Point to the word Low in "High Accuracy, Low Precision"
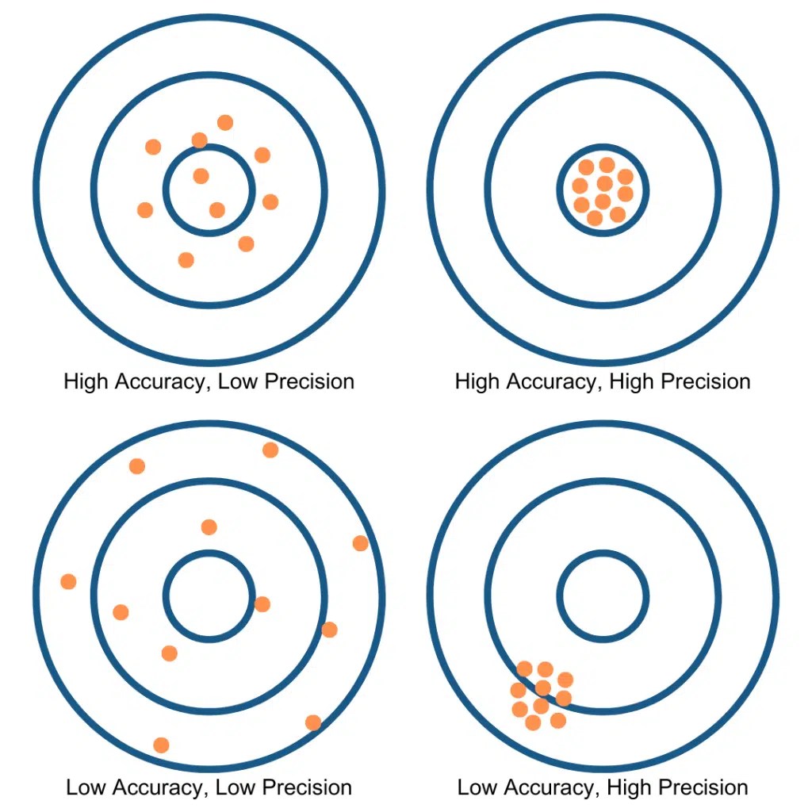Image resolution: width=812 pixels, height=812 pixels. (x=238, y=381)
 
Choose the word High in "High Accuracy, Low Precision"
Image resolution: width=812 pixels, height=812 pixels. (x=87, y=381)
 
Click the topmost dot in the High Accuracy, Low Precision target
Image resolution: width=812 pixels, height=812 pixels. (x=225, y=122)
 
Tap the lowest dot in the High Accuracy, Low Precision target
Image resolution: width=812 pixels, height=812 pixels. (x=186, y=259)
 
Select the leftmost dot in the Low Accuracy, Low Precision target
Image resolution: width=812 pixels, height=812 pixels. (x=68, y=581)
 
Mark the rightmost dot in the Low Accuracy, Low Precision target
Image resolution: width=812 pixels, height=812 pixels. (x=360, y=543)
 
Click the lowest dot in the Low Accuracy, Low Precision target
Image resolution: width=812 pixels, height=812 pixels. (x=161, y=745)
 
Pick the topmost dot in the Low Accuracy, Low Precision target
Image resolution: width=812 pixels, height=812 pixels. (x=270, y=450)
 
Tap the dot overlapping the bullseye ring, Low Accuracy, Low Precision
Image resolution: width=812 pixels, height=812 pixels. (x=262, y=604)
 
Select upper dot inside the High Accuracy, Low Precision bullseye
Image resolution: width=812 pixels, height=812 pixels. (x=201, y=175)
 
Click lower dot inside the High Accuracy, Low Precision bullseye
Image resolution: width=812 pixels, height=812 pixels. (x=216, y=209)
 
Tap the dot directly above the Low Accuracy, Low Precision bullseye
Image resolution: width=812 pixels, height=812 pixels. (x=209, y=527)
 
